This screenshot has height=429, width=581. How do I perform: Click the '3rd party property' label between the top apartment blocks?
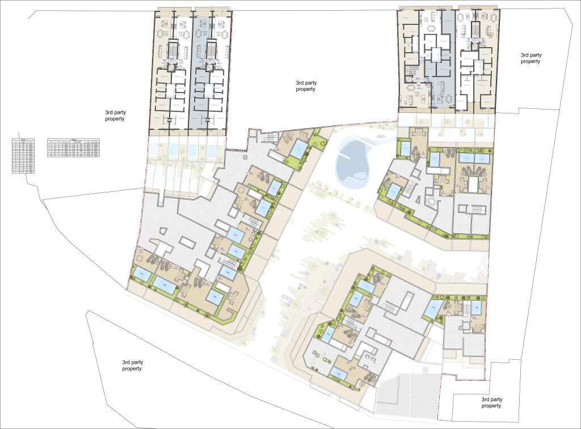point(305,86)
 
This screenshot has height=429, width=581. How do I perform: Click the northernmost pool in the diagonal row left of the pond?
point(298,149)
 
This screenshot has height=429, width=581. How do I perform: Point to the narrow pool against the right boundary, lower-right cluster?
point(475,308)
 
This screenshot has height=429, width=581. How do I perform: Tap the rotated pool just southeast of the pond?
point(404,149)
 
